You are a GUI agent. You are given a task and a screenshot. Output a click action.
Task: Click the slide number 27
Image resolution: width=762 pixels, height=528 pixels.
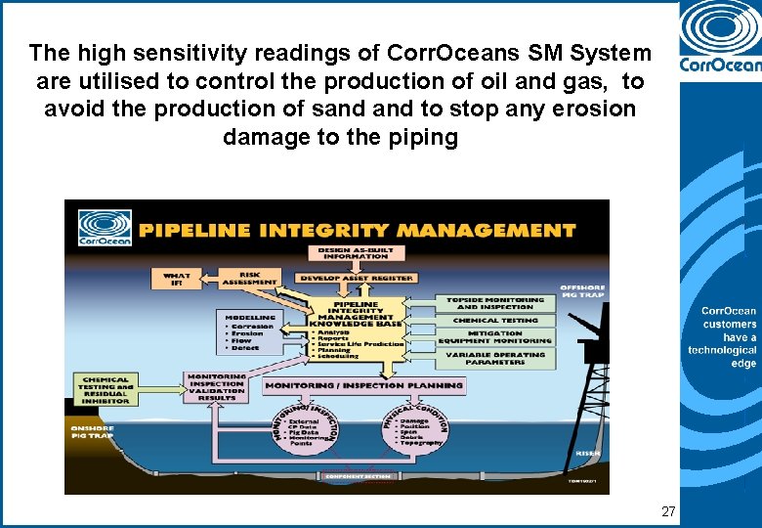click(x=668, y=511)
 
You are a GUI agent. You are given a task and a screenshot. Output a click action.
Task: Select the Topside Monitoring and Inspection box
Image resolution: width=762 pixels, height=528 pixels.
click(x=497, y=304)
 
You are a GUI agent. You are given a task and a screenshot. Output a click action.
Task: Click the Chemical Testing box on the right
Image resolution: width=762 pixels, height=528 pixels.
click(x=497, y=320)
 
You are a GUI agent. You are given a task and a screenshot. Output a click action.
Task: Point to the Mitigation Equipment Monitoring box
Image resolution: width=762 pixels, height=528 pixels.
click(x=497, y=337)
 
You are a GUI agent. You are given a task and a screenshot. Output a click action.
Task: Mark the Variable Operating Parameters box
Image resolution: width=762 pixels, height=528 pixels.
click(x=497, y=358)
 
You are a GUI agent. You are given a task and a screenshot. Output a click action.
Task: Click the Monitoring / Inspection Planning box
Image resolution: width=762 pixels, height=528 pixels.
click(x=364, y=386)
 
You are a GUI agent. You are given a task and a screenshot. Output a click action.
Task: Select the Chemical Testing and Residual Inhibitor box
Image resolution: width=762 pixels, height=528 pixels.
click(x=107, y=389)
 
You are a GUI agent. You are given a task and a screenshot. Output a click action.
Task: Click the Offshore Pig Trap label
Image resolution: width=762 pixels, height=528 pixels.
click(x=582, y=292)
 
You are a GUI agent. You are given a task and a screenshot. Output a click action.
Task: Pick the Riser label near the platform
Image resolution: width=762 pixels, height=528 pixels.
click(x=588, y=453)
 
